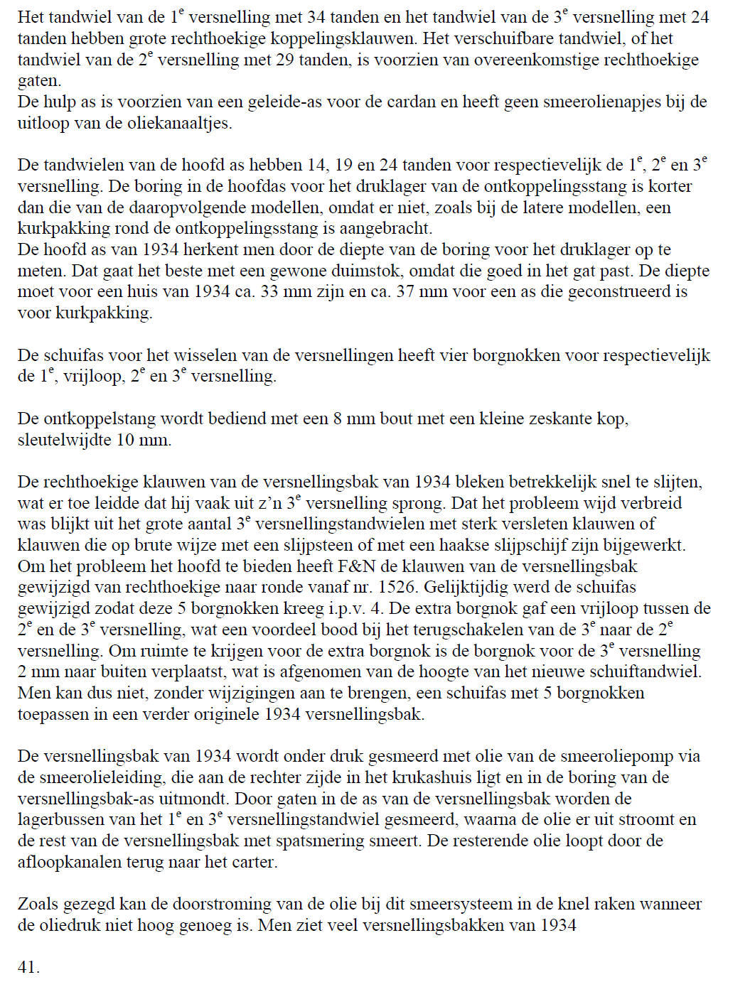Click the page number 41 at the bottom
click(x=28, y=967)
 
